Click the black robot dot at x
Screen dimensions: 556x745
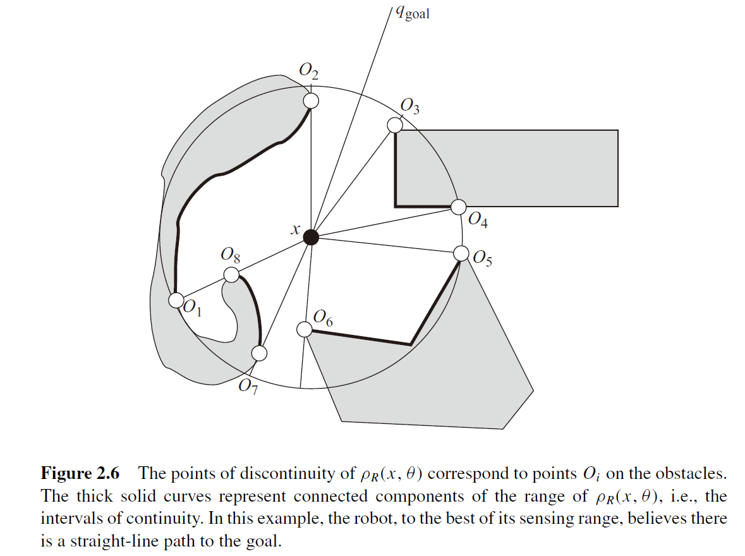(310, 237)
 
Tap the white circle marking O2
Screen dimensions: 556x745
(310, 100)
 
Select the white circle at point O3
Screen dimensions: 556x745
(395, 125)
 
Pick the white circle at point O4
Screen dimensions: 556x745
(459, 207)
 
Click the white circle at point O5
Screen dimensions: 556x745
(461, 253)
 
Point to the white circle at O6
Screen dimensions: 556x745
(304, 329)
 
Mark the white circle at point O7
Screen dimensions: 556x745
(259, 353)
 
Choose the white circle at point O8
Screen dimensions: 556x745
(232, 275)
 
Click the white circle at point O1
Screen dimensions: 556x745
(176, 300)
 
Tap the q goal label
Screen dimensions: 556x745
(411, 12)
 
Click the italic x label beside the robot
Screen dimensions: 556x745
(294, 231)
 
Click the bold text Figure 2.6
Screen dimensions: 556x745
(80, 473)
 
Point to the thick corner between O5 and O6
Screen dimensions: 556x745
(411, 344)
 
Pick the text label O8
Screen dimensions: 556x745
(230, 255)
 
